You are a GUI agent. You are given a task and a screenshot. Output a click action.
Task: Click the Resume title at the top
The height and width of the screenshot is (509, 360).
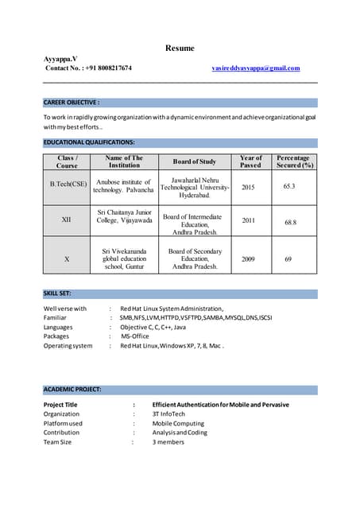click(180, 49)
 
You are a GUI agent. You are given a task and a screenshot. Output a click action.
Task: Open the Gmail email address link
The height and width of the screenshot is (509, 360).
click(256, 68)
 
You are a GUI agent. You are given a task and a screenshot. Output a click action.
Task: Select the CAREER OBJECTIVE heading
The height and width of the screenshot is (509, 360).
click(72, 103)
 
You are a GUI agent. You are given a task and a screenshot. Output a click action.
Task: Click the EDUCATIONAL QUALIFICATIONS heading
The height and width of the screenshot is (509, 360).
click(89, 142)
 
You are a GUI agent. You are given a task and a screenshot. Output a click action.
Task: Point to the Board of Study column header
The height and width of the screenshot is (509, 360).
click(195, 161)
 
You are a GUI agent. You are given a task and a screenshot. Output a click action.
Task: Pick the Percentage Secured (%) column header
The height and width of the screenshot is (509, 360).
click(292, 162)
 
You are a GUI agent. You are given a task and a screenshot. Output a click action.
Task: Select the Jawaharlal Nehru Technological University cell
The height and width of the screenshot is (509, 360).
click(195, 187)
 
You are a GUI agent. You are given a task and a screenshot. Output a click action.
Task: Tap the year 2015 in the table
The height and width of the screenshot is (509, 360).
click(248, 187)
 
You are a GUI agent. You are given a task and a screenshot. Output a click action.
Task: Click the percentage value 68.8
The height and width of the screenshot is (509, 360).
click(290, 223)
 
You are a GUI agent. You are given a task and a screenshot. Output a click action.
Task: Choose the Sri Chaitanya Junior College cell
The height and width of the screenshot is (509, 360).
click(124, 217)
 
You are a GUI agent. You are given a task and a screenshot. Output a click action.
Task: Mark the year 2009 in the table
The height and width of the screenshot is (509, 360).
click(248, 259)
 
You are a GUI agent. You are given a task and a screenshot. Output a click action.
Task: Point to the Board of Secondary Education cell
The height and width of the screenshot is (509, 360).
click(195, 259)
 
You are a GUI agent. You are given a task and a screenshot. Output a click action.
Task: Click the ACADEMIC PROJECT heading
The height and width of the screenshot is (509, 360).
click(72, 389)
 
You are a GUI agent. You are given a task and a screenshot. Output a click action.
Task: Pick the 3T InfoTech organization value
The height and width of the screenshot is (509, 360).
click(170, 414)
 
